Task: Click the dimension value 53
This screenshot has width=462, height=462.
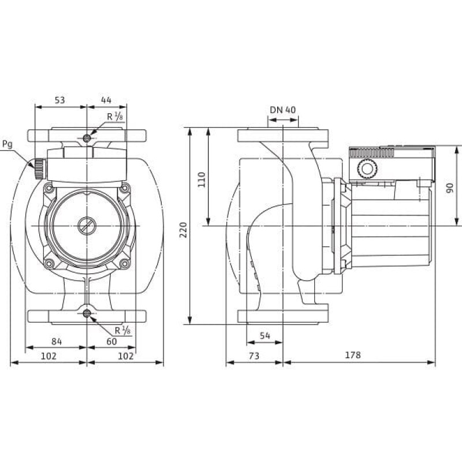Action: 60,100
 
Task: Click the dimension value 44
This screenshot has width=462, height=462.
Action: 106,100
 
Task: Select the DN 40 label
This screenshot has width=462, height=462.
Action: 282,110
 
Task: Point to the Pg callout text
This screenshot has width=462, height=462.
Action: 8,145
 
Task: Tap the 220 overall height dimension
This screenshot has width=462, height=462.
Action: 183,230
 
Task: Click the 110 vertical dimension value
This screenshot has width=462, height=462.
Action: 202,180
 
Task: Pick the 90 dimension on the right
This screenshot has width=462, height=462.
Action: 450,188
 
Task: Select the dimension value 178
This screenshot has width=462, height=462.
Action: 353,355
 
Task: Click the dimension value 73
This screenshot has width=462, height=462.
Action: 254,356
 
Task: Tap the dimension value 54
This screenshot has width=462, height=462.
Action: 265,336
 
